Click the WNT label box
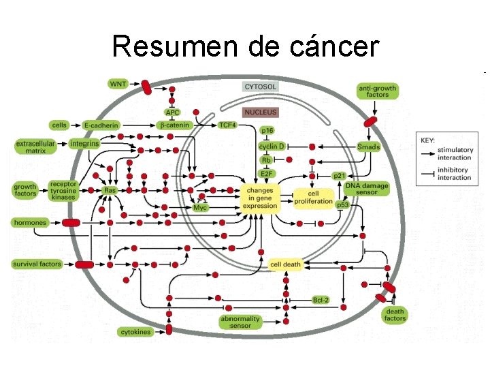click(x=118, y=83)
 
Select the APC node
click(x=172, y=112)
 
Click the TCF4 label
click(x=227, y=125)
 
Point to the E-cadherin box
click(x=101, y=125)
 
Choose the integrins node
click(x=84, y=144)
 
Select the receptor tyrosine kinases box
click(x=63, y=189)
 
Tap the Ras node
click(x=110, y=190)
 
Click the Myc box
click(x=200, y=207)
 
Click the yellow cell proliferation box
click(x=313, y=198)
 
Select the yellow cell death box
click(x=285, y=264)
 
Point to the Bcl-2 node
click(x=321, y=299)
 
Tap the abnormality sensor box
click(x=240, y=322)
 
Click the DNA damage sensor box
click(x=367, y=189)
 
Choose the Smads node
click(x=368, y=147)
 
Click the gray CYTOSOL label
click(x=261, y=87)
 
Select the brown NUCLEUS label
click(x=261, y=112)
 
